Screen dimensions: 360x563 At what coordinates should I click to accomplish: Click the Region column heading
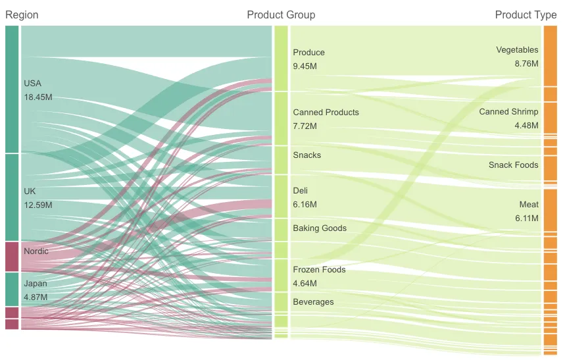point(22,15)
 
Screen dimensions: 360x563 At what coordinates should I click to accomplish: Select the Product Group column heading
point(281,15)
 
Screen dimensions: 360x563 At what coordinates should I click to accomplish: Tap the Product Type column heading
point(526,15)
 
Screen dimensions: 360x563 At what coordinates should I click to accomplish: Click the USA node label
point(32,84)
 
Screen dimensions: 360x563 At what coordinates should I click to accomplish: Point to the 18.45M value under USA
point(37,97)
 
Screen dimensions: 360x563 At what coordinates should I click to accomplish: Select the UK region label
point(30,192)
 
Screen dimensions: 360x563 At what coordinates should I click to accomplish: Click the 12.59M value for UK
point(37,205)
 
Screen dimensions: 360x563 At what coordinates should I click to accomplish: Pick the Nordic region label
point(36,251)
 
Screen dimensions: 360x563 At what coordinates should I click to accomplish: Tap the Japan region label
point(36,284)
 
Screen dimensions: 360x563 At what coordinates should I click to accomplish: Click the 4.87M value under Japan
point(36,297)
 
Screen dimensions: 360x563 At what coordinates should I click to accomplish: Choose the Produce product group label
point(308,53)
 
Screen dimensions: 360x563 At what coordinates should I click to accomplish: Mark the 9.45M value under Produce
point(305,66)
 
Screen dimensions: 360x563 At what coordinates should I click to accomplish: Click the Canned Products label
point(326,113)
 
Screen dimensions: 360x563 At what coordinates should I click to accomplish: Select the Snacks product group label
point(307,155)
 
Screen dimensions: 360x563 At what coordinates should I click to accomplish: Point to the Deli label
point(300,191)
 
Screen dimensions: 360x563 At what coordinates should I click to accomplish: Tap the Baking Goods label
point(320,228)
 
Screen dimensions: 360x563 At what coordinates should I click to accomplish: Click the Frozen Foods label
point(319,270)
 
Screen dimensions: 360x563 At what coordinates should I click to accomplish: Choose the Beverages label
point(313,302)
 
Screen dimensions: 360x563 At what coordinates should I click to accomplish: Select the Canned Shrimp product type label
point(508,112)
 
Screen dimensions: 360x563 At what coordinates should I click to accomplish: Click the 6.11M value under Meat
point(527,219)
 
